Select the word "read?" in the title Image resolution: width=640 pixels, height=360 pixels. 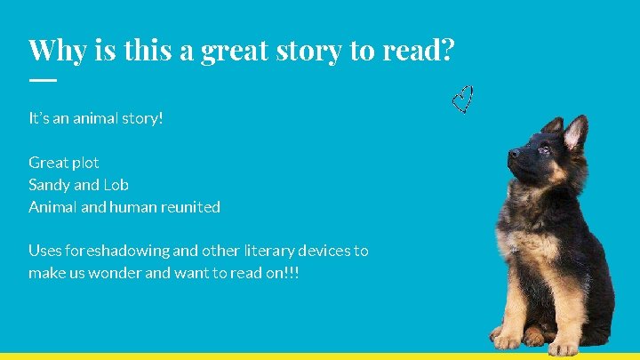418,50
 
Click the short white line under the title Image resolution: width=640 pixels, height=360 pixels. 42,80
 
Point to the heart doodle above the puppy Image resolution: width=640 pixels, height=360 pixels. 462,100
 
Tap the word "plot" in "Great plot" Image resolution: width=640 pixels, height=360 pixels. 85,163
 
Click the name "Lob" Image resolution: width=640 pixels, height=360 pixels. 116,185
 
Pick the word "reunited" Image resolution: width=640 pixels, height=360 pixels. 191,207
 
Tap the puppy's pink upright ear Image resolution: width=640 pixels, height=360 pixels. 575,133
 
